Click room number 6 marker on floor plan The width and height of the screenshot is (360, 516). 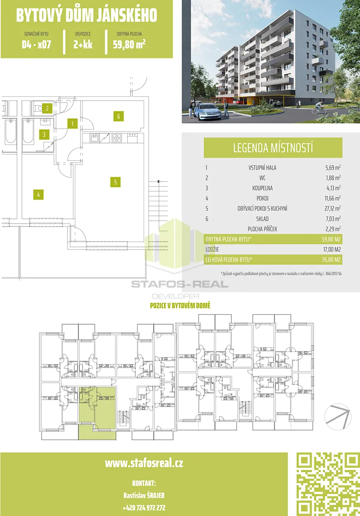[118, 116]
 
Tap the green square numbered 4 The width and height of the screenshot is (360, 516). [38, 195]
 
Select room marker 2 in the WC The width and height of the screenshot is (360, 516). [47, 108]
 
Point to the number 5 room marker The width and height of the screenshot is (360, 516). [115, 182]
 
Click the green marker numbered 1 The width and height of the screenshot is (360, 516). [72, 123]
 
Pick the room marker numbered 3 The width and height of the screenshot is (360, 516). [44, 135]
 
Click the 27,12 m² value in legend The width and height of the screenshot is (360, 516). [332, 208]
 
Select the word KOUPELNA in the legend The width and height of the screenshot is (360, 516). [262, 188]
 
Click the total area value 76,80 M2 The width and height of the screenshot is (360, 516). [331, 260]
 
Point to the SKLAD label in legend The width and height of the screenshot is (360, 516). [262, 218]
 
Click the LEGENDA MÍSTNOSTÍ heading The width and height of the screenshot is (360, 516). [273, 148]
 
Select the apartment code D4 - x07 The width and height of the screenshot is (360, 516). [37, 44]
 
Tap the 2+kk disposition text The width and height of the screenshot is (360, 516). [83, 44]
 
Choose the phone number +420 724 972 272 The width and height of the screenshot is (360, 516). [144, 507]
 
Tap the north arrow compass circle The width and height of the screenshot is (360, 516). [338, 417]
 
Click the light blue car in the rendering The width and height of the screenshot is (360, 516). [208, 112]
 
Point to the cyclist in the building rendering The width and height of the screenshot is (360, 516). [319, 108]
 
